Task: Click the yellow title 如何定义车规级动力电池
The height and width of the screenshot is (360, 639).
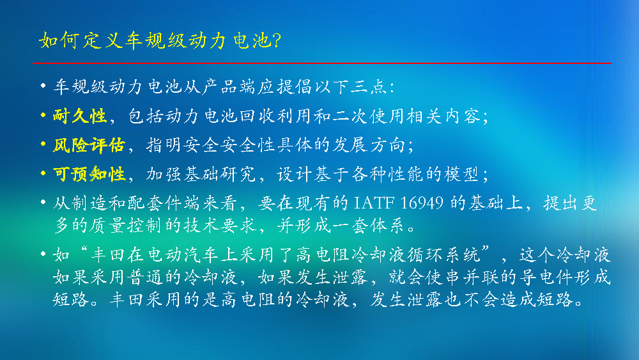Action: tap(155, 41)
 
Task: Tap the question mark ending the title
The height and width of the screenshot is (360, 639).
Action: tap(276, 40)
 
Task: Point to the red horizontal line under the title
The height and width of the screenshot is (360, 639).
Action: tap(322, 63)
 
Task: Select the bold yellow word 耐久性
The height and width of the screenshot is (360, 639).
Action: tap(80, 116)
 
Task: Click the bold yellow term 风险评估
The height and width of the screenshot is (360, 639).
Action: tap(89, 145)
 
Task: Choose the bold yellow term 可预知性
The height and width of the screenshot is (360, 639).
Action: tap(89, 174)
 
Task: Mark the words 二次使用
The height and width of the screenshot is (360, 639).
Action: tap(369, 116)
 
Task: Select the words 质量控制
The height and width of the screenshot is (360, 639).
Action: tap(125, 226)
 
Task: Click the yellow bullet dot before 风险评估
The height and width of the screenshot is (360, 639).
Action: tap(43, 144)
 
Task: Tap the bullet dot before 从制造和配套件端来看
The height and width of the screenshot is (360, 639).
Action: tap(43, 202)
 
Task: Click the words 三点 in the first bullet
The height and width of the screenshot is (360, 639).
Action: tap(369, 87)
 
